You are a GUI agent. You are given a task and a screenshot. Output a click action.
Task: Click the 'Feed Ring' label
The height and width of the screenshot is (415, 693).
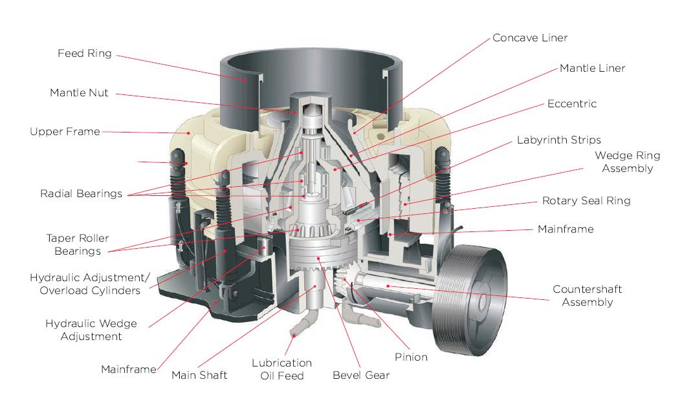(x=84, y=54)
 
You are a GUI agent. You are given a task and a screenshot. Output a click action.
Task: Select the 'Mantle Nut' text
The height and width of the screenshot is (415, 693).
(x=79, y=93)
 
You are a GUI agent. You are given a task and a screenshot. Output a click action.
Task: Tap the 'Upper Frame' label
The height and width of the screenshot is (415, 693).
(x=65, y=132)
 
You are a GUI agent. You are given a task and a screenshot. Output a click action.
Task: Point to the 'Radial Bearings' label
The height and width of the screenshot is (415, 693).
(x=81, y=194)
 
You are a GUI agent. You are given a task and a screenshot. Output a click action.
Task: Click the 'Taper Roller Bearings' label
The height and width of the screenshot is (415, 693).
(x=73, y=244)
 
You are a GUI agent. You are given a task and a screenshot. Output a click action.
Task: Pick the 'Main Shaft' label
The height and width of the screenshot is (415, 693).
(x=199, y=376)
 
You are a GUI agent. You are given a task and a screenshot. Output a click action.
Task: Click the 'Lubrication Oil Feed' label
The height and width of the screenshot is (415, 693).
(x=281, y=369)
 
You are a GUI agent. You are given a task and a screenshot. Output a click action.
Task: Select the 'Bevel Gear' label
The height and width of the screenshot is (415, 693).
(x=361, y=376)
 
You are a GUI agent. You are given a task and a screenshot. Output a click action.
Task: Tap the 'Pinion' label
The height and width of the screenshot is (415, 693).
(x=411, y=357)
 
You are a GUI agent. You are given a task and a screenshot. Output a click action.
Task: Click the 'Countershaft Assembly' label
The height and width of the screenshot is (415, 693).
(x=587, y=296)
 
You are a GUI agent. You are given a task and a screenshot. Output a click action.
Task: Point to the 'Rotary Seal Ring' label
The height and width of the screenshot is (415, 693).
(x=586, y=201)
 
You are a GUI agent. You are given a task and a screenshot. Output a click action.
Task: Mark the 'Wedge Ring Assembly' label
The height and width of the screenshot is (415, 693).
(x=627, y=162)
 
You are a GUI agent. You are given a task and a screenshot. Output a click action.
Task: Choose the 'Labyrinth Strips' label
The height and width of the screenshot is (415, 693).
(x=558, y=140)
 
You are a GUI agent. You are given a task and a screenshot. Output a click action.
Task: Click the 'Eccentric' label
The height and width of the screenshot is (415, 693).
(x=571, y=104)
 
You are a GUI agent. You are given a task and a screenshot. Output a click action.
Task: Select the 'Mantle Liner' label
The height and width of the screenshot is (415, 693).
(x=592, y=68)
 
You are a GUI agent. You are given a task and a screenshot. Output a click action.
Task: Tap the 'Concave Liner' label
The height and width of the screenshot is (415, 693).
(x=530, y=38)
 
